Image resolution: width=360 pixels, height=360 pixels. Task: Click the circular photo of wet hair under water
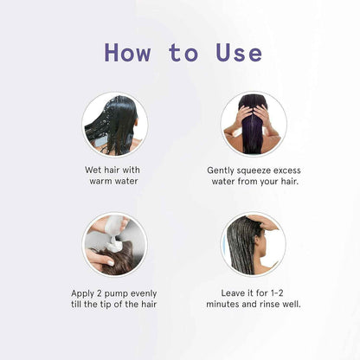pyautogui.click(x=114, y=124)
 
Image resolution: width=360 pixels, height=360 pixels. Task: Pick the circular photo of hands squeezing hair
pyautogui.click(x=253, y=124)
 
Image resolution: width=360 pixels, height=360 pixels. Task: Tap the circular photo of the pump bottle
pyautogui.click(x=114, y=245)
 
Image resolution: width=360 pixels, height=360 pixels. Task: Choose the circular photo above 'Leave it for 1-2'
pyautogui.click(x=253, y=245)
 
